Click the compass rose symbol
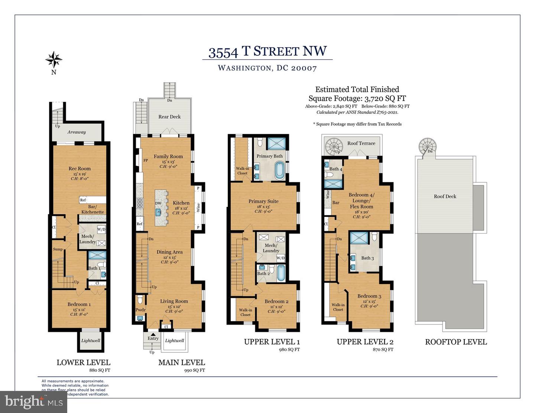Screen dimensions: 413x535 [x=54, y=59]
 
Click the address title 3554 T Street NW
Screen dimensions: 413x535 [x=267, y=52]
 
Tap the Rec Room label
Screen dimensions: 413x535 [x=80, y=169]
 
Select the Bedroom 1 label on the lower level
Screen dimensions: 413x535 [x=79, y=304]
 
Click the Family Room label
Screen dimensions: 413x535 [x=168, y=156]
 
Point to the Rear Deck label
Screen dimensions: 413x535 [x=169, y=117]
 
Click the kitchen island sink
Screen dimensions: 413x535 [x=159, y=212]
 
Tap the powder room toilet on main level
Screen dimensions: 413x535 [x=140, y=299]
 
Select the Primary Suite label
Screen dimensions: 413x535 [x=263, y=201]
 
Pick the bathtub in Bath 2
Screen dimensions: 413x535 [x=281, y=273]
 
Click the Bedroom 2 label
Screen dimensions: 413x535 [x=276, y=301]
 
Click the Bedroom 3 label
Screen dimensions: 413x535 [x=369, y=296]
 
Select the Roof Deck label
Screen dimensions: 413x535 [x=445, y=196]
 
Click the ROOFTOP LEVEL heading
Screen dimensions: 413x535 [x=456, y=342]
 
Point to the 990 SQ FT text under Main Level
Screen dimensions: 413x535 [x=194, y=370]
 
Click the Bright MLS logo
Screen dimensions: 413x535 [x=33, y=402]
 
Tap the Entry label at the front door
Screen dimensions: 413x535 [x=153, y=338]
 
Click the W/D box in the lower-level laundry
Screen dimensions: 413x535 [x=101, y=229]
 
